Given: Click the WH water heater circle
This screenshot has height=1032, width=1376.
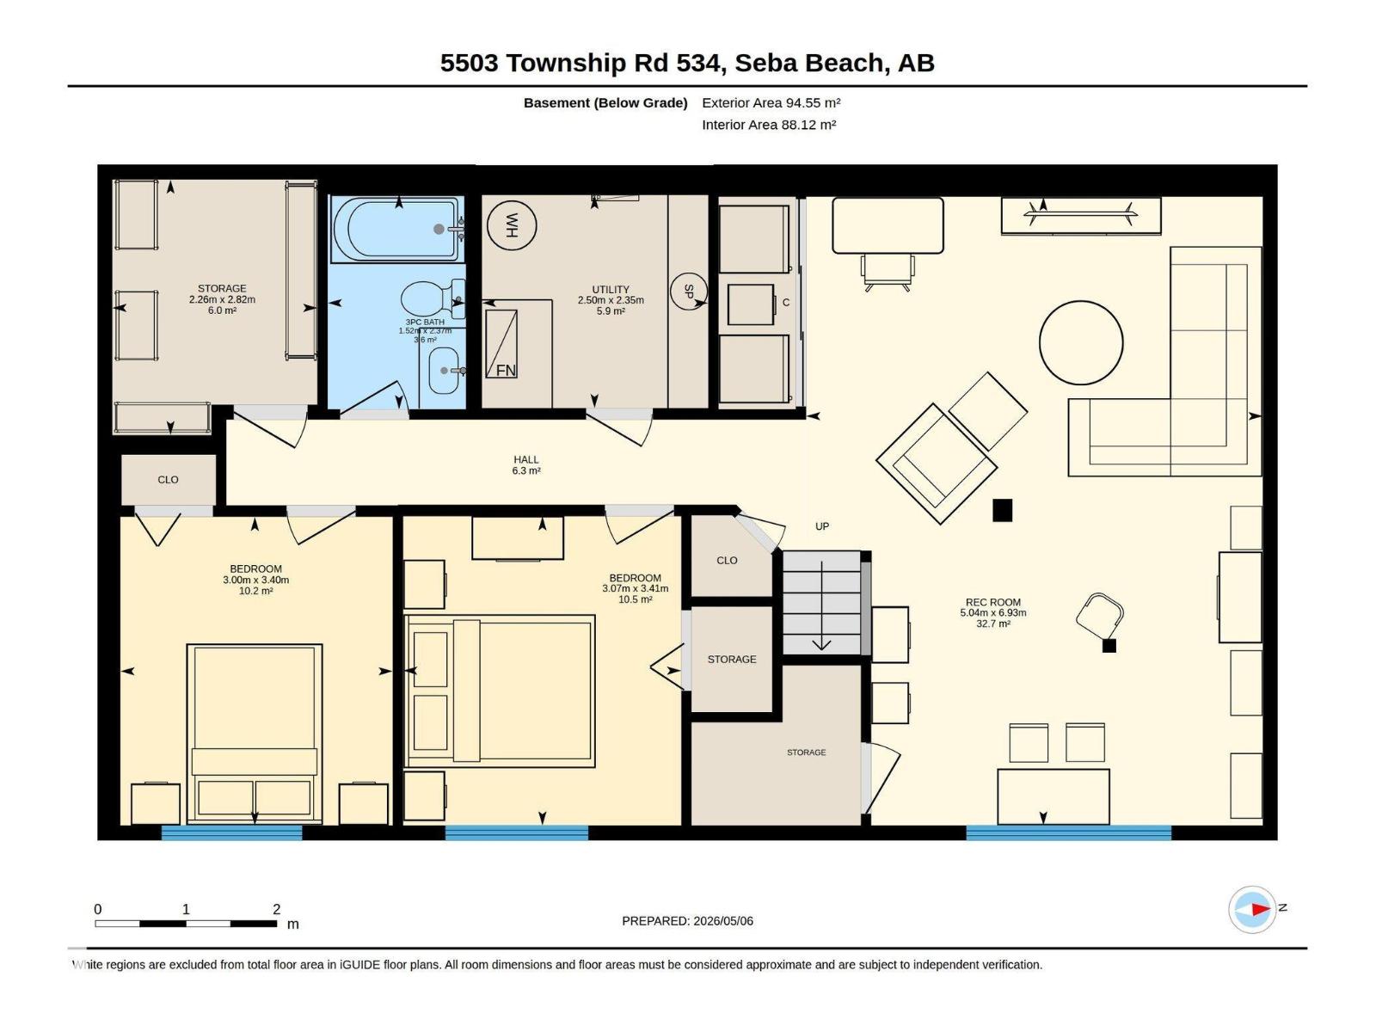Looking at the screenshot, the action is click(512, 225).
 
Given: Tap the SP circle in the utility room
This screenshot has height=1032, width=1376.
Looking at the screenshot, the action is click(688, 292).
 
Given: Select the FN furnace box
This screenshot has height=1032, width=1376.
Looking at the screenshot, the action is click(501, 344).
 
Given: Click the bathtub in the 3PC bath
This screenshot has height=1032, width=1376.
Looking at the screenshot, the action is click(396, 230).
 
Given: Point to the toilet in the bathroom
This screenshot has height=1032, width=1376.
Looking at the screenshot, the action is click(433, 299).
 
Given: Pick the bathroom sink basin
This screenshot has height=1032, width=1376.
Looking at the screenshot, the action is click(444, 371).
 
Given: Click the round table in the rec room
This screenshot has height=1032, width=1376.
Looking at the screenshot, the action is click(1081, 343).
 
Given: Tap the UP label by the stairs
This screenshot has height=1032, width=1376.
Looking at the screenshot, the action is click(822, 526).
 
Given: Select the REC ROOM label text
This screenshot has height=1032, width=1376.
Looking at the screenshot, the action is click(993, 602).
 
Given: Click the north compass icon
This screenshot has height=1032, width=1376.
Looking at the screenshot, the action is click(1252, 909).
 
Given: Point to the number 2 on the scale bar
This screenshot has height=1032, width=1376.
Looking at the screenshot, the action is click(276, 908).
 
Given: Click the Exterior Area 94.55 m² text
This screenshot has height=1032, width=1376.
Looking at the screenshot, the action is click(771, 102).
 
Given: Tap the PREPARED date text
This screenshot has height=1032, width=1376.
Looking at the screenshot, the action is click(688, 921).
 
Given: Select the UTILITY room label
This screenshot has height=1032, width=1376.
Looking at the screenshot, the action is click(611, 290).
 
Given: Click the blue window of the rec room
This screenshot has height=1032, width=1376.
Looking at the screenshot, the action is click(1069, 832).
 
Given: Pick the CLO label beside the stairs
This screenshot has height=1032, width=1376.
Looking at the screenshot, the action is click(728, 560).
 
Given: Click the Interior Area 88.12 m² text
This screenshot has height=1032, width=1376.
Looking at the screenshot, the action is click(769, 125).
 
